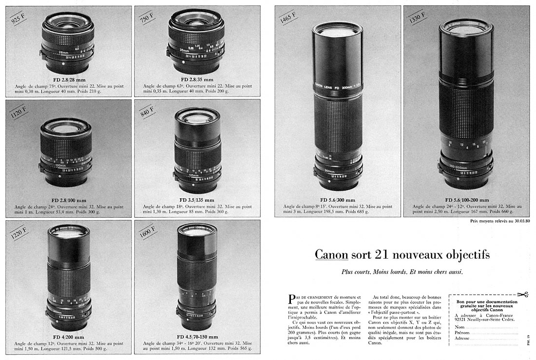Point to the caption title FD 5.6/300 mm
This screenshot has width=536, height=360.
tap(338, 200)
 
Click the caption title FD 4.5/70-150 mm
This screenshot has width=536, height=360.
tap(197, 337)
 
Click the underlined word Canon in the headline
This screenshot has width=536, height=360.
tap(331, 255)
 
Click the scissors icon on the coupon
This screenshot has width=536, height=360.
tap(522, 295)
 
